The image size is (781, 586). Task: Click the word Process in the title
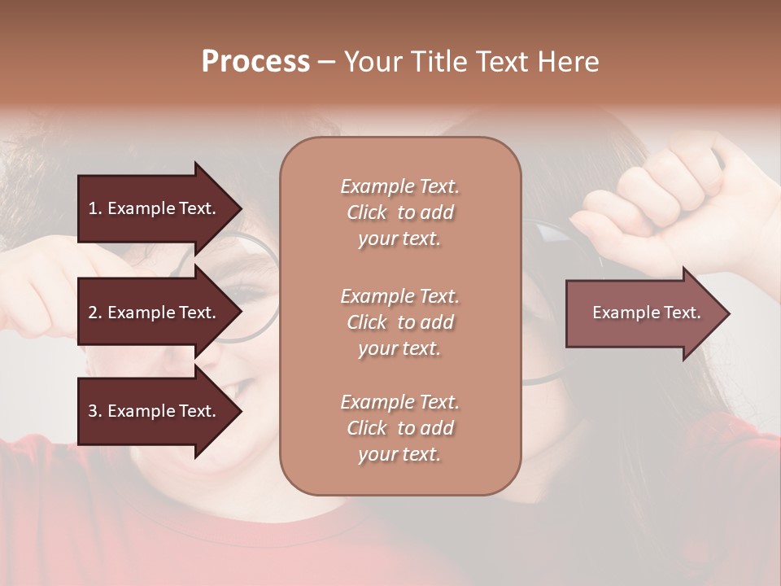tap(255, 62)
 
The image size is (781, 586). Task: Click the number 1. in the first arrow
tap(95, 208)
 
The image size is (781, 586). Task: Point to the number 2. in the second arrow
tap(95, 313)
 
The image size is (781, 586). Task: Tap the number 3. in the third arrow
tap(95, 411)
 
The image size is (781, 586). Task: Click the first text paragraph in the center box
tap(399, 212)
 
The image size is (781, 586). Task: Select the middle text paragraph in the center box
tap(399, 322)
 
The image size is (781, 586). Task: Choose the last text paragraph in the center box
tap(399, 428)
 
